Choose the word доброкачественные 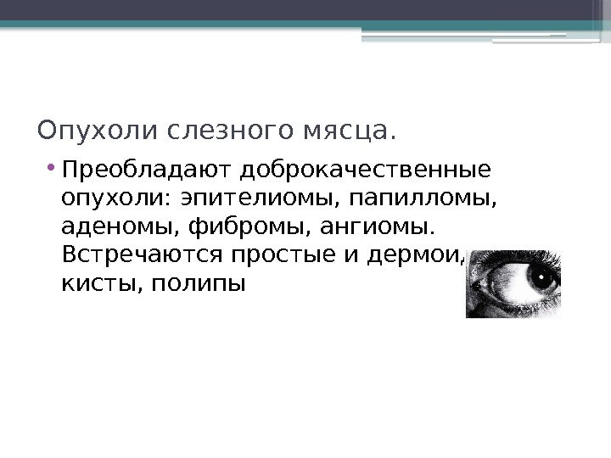click(x=366, y=172)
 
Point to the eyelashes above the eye click(x=526, y=251)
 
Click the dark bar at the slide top click(x=305, y=10)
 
